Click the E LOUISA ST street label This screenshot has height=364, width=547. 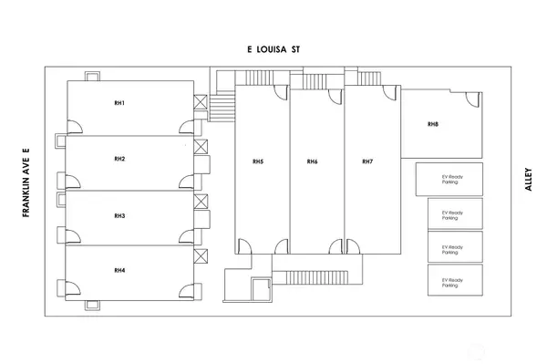click(273, 49)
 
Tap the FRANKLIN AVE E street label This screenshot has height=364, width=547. click(26, 183)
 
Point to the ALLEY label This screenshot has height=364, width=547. click(529, 180)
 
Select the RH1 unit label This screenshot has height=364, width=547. click(119, 103)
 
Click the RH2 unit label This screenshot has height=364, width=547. click(119, 159)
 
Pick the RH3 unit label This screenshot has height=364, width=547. click(119, 216)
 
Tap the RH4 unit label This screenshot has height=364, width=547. click(119, 270)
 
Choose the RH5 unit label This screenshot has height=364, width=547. click(258, 161)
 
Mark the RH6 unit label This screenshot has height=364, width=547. click(312, 161)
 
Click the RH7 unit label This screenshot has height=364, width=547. click(367, 161)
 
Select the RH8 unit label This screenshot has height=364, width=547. click(433, 124)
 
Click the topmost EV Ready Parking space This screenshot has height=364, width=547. click(449, 180)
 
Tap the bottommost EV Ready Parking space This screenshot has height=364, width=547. click(455, 280)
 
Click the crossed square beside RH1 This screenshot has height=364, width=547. click(201, 102)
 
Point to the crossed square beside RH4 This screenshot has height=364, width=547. click(201, 256)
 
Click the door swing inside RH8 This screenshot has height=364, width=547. click(474, 99)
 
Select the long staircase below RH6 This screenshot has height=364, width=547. click(316, 277)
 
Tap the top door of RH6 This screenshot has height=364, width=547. click(335, 97)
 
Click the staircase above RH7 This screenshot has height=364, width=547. click(368, 78)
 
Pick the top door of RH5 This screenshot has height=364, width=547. click(281, 93)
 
